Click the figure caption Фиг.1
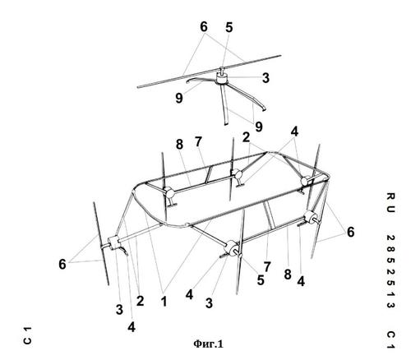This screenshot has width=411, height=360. (x=208, y=344)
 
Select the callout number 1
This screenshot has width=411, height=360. (x=164, y=302)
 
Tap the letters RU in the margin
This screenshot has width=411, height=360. (x=390, y=203)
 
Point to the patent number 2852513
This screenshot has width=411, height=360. (x=390, y=271)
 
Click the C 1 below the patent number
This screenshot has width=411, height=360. (x=390, y=339)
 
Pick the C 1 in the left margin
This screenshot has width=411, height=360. (x=27, y=335)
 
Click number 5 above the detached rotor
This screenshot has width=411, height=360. (x=229, y=27)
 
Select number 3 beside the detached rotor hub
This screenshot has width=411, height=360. (x=266, y=78)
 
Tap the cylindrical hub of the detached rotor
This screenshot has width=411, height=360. (x=222, y=78)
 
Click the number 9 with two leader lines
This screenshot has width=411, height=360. (x=259, y=127)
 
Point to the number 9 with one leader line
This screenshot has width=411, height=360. (x=179, y=98)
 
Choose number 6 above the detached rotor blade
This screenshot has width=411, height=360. (x=204, y=27)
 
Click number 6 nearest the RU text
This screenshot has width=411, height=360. (x=350, y=232)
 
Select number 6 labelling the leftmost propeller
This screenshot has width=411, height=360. (x=62, y=265)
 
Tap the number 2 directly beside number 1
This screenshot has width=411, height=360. (x=140, y=301)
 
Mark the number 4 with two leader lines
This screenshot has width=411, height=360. (x=294, y=132)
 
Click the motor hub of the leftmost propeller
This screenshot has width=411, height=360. (x=113, y=242)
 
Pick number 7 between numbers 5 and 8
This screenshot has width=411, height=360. (x=267, y=267)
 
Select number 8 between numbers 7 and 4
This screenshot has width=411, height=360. (x=287, y=275)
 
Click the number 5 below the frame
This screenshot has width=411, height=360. (x=261, y=280)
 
